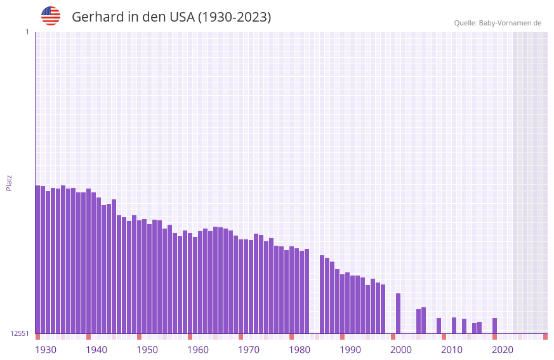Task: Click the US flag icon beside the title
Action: tap(51, 16)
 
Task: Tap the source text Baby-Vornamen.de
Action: tap(510, 23)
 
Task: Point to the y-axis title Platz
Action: tap(9, 182)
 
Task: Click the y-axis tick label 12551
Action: tap(20, 333)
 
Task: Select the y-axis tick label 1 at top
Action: tap(27, 32)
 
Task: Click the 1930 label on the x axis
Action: tap(46, 350)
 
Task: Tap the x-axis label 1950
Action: tap(147, 350)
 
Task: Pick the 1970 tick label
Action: tap(249, 350)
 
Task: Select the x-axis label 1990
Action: tap(350, 350)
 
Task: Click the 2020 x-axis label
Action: tap(503, 350)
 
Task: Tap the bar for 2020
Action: tap(494, 326)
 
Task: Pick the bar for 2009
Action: tap(439, 326)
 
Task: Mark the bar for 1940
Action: tap(88, 261)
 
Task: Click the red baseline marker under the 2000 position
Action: tap(393, 337)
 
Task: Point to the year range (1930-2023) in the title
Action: tap(234, 17)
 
